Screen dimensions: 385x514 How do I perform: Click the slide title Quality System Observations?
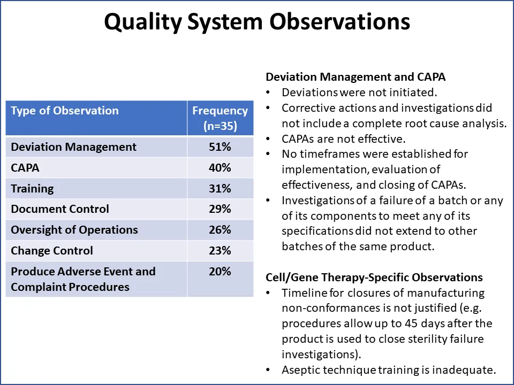click(257, 22)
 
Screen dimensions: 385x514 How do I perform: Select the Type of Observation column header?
click(65, 111)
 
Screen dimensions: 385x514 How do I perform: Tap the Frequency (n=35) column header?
click(220, 118)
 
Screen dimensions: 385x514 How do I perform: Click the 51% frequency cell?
click(220, 147)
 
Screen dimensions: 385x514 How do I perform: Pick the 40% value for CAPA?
click(220, 168)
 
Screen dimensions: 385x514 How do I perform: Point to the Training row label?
click(33, 189)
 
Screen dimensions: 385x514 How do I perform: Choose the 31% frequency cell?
click(220, 189)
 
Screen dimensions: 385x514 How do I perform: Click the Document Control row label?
click(60, 209)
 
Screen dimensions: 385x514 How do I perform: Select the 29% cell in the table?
click(220, 209)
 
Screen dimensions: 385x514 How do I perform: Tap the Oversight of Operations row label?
click(74, 230)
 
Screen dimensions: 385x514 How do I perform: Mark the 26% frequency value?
click(220, 230)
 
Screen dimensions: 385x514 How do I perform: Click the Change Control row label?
click(52, 251)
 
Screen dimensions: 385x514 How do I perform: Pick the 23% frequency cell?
click(220, 251)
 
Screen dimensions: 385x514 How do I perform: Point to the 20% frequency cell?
click(220, 272)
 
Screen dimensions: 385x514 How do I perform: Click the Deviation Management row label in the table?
click(74, 147)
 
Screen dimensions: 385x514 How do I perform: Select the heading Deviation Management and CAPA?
click(356, 77)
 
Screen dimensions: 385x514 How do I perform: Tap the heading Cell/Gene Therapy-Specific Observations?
click(374, 278)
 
